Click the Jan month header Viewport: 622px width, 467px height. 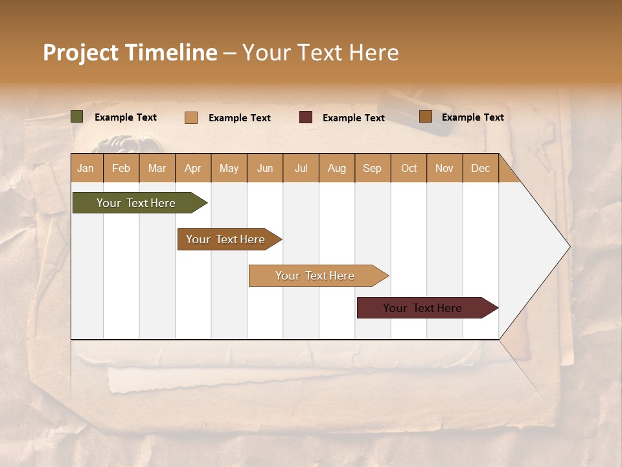[x=86, y=168]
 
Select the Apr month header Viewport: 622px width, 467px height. [x=193, y=168]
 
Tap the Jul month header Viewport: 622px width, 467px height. [x=301, y=168]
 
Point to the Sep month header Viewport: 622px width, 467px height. [x=372, y=168]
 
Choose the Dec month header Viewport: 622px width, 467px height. [x=480, y=168]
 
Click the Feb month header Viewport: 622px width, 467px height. [x=121, y=168]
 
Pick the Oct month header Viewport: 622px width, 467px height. [x=409, y=168]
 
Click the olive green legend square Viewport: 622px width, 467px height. [x=77, y=117]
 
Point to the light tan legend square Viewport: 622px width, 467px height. [x=191, y=117]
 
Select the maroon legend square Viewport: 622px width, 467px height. [x=306, y=117]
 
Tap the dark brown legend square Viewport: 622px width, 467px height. [x=425, y=117]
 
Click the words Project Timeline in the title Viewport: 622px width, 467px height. [x=130, y=53]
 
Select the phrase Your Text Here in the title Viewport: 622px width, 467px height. [x=320, y=53]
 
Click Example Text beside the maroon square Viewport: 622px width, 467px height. [x=353, y=118]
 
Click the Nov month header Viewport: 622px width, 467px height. [x=444, y=168]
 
